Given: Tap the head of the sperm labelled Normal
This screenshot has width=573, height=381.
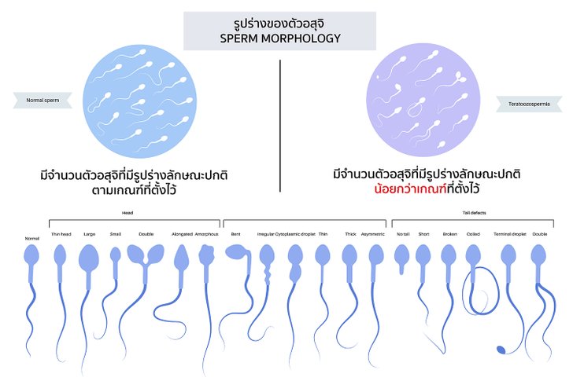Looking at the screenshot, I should (32, 255).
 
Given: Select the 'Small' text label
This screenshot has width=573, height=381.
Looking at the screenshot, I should (116, 234).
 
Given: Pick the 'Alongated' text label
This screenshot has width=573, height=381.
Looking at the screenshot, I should (183, 234).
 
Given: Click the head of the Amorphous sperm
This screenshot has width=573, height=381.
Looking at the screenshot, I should (208, 255).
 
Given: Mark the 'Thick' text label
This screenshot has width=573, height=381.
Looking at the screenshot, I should (350, 234).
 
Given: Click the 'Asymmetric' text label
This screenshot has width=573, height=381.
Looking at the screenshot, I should (373, 234).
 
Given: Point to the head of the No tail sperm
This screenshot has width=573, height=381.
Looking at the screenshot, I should (402, 253).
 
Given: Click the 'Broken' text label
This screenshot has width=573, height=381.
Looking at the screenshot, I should (449, 234).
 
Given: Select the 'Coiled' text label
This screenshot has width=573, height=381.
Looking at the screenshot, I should (473, 234).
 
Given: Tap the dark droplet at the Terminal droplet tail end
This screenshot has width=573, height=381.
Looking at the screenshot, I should (499, 349).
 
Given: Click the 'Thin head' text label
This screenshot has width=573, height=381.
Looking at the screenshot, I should (61, 234).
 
